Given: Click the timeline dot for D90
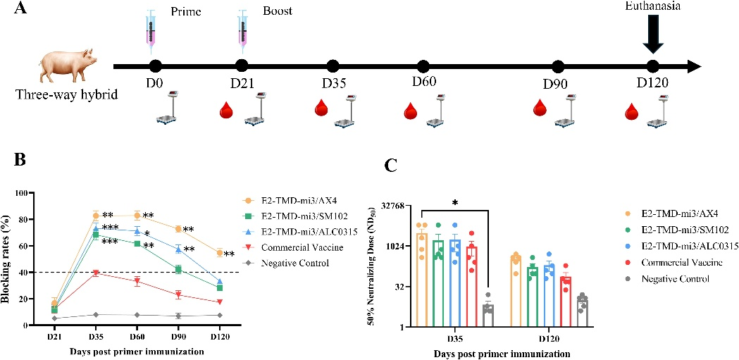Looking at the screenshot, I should tap(558, 66).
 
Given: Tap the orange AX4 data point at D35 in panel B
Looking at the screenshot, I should tap(96, 215).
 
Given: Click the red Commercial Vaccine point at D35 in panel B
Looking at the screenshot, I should tap(96, 273).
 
